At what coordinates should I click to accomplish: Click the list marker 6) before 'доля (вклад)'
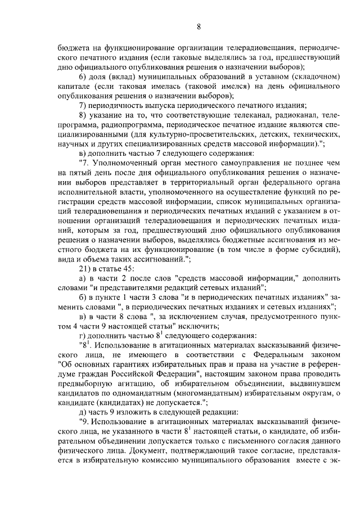pos(82,76)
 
